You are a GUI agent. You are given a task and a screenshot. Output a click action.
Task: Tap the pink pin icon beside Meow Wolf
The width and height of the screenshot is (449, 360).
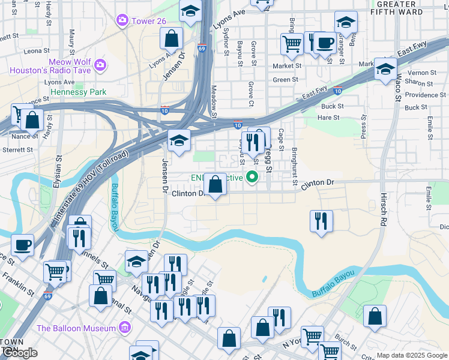click(x=100, y=64)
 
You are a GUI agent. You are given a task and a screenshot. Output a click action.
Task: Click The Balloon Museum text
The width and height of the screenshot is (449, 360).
click(x=76, y=328)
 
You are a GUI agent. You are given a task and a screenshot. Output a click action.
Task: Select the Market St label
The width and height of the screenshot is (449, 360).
click(x=287, y=66)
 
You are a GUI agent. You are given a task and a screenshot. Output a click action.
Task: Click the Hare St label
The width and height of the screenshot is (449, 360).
click(x=328, y=118)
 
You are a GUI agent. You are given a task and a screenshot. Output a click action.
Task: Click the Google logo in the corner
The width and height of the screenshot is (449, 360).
click(x=20, y=353)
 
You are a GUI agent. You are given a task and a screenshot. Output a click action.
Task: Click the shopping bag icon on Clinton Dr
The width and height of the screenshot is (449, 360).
click(x=215, y=185)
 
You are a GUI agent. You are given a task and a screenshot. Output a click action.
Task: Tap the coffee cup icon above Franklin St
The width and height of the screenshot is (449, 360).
click(x=22, y=245)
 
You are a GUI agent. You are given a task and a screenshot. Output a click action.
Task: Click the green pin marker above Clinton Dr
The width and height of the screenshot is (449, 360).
click(x=253, y=176)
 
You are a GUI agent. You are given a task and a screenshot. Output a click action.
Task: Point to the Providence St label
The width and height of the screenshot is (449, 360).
click(x=421, y=95)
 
